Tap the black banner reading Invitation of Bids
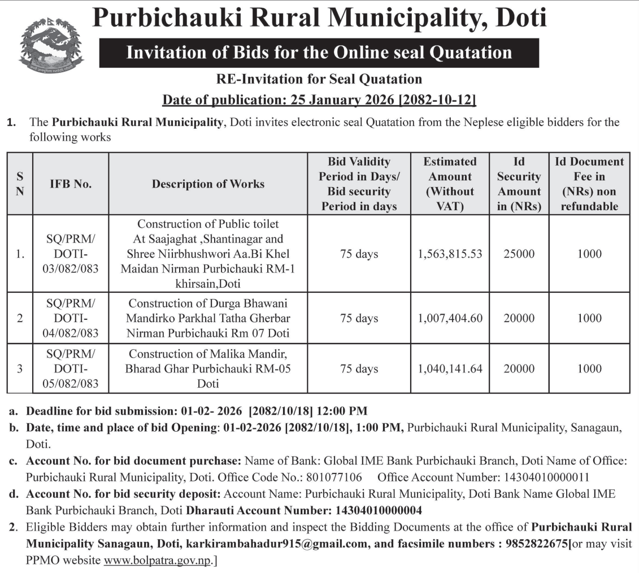319,53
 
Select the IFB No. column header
71,184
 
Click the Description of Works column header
208,184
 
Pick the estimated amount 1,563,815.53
450,254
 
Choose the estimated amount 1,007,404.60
450,318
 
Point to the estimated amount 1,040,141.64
450,369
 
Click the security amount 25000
519,254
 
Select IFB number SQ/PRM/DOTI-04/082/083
71,318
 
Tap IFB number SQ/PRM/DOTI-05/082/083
71,369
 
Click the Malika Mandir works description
208,369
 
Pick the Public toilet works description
208,254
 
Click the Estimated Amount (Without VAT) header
450,184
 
